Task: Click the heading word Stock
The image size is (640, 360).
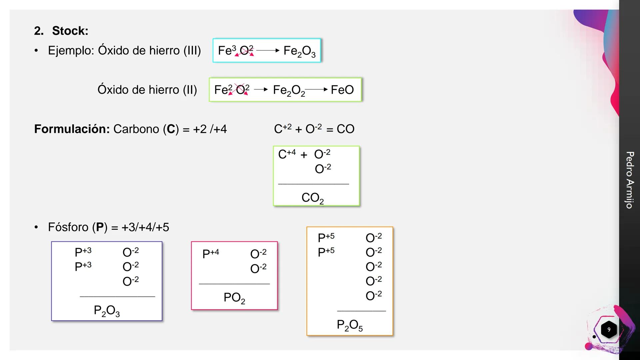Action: tap(70, 31)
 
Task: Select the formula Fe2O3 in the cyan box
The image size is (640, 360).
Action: tap(299, 51)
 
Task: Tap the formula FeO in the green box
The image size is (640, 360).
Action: tap(342, 90)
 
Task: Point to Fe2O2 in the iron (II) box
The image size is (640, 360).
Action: tap(289, 90)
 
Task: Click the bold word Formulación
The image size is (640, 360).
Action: tap(72, 129)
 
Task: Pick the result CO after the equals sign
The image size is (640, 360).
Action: tap(345, 129)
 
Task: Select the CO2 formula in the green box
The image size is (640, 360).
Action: tap(312, 198)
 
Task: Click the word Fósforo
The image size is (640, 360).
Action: tap(68, 227)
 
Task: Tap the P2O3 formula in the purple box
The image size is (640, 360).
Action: tap(107, 311)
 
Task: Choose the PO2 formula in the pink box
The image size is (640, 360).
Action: tap(234, 298)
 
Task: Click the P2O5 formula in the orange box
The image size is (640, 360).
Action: tap(349, 325)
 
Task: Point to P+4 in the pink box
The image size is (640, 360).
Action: tap(211, 254)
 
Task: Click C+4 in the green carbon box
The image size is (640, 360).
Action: tap(287, 154)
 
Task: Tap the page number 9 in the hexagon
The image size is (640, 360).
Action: tap(609, 330)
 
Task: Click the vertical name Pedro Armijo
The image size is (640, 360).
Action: tap(629, 180)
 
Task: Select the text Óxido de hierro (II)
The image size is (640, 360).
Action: tap(147, 90)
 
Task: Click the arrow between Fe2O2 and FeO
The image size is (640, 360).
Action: tap(316, 89)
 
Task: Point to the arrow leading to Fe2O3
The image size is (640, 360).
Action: tap(268, 51)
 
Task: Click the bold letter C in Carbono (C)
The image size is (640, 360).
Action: tap(171, 129)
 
